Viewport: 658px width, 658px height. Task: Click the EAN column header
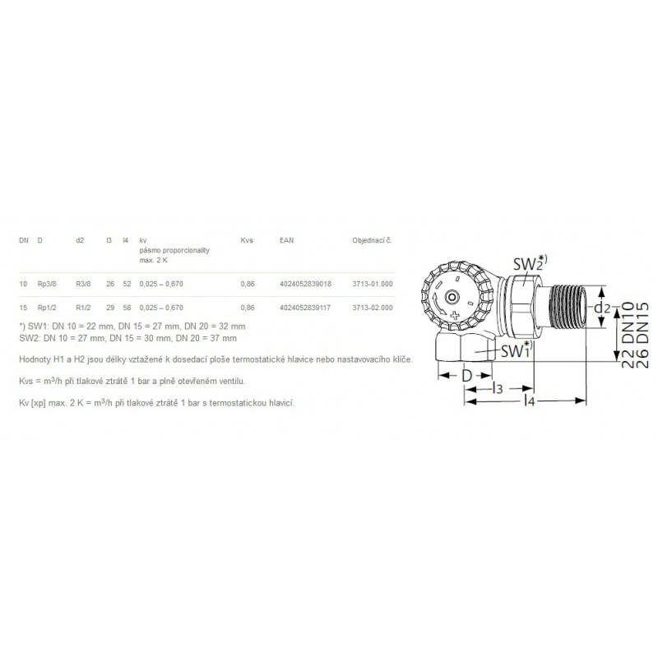(286, 240)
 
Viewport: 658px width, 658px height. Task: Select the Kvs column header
(247, 240)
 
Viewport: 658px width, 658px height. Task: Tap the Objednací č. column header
(372, 240)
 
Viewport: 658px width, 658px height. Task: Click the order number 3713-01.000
(373, 284)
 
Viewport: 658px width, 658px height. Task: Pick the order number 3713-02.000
(373, 308)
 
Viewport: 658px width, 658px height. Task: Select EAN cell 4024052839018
(305, 284)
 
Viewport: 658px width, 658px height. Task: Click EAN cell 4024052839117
(305, 308)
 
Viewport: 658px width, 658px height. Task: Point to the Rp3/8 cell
(47, 284)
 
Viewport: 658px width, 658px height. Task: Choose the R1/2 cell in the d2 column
(83, 308)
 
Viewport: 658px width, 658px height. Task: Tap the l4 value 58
(127, 308)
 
